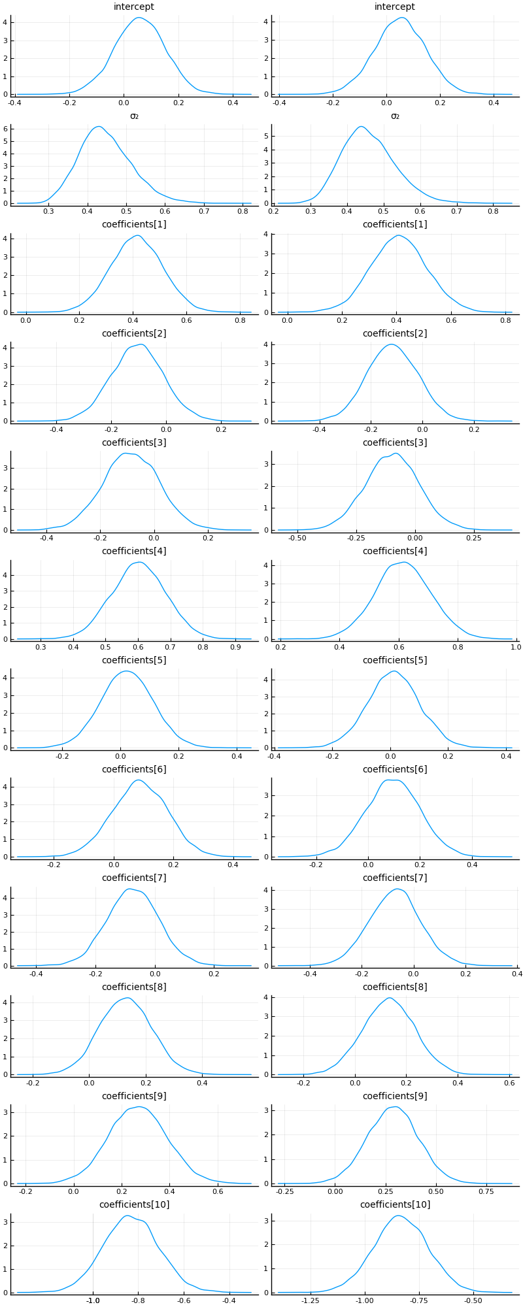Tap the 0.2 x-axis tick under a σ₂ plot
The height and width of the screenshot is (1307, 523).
tap(274, 212)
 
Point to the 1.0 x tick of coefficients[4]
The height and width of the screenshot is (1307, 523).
tap(516, 648)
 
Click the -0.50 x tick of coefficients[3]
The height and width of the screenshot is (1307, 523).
tap(297, 538)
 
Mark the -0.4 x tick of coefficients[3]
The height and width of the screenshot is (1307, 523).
tap(46, 538)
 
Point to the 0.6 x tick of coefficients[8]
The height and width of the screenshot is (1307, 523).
tap(509, 1083)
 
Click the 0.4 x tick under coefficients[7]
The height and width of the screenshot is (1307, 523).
tap(516, 974)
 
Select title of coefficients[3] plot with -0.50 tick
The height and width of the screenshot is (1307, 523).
tap(395, 442)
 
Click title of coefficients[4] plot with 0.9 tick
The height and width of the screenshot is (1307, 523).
tap(134, 551)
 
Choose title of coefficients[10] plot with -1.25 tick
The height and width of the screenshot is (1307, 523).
tap(395, 1204)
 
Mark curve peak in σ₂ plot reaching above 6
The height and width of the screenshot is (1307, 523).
tap(98, 127)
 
